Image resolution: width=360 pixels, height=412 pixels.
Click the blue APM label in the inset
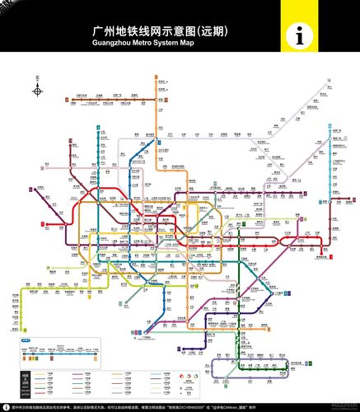click(24, 339)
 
